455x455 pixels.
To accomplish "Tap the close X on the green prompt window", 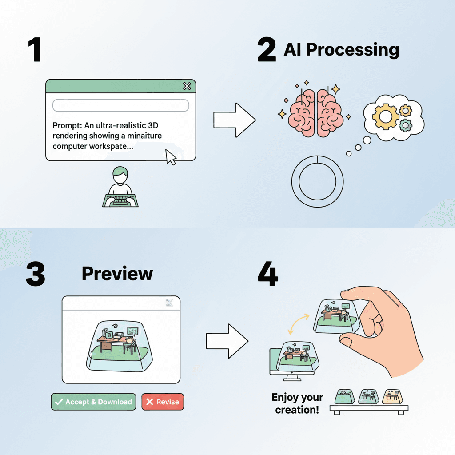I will [x=187, y=86].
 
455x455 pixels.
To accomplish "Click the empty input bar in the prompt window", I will [x=120, y=105].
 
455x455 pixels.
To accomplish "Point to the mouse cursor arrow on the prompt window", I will [x=170, y=157].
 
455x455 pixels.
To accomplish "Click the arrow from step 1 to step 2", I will [x=234, y=120].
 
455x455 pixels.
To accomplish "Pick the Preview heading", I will [x=117, y=274].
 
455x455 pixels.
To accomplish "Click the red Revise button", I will [x=162, y=402].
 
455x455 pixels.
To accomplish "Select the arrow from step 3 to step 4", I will [x=227, y=341].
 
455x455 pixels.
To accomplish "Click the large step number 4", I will [x=268, y=275].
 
